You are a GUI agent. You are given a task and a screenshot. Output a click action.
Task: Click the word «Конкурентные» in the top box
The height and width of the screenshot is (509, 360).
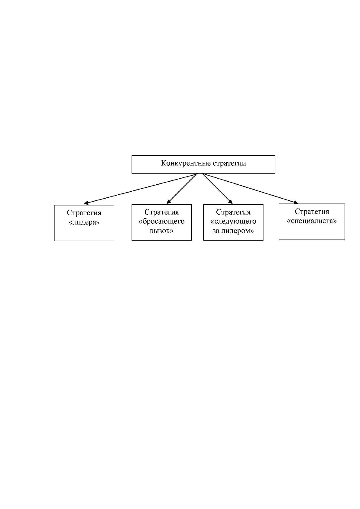[x=186, y=164]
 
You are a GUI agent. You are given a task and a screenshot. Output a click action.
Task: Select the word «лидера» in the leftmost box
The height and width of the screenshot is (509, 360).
[x=84, y=222]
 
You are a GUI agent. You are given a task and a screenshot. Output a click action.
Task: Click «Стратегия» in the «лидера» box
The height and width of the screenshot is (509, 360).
[x=84, y=213]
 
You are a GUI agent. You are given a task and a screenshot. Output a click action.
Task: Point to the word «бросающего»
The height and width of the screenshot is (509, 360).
[x=162, y=222]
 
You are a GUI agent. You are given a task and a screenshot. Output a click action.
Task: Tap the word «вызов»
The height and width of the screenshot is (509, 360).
[x=162, y=231]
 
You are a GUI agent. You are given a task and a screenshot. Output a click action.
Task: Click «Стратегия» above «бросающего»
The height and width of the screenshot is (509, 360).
[x=162, y=212]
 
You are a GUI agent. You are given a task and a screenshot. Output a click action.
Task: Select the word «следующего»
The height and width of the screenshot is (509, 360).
[x=233, y=222]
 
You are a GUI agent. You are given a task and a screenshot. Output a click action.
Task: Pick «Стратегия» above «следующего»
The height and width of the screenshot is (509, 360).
[x=233, y=212]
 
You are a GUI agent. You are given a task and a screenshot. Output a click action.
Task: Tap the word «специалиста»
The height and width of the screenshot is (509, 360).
[x=312, y=221]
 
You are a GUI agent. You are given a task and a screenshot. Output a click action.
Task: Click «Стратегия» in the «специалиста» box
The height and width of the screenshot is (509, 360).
[x=312, y=212]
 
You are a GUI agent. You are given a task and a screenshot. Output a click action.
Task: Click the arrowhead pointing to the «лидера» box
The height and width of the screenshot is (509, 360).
[x=86, y=203]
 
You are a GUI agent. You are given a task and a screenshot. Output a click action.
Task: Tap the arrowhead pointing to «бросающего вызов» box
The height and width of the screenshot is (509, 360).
[x=169, y=202]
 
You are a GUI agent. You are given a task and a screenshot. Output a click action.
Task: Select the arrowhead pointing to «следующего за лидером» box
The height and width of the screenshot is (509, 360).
[x=230, y=202]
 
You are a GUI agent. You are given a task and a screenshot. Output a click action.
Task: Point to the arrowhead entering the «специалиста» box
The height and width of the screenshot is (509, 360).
[x=296, y=202]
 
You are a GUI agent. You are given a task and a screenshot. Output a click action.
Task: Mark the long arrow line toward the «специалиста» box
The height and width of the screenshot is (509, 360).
[x=250, y=188]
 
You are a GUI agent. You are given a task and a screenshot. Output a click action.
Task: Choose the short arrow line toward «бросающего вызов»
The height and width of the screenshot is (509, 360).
[x=182, y=188]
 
